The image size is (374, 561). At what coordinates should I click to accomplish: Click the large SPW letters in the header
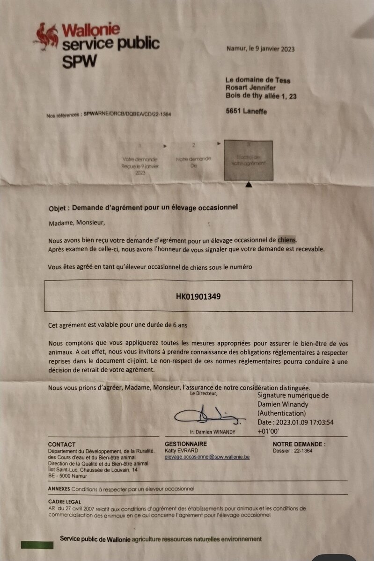pos(80,61)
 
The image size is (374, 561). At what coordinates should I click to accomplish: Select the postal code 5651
pos(234,112)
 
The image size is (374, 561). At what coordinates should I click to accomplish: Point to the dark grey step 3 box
pos(248,160)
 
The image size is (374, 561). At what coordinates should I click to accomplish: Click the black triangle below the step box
pos(249,186)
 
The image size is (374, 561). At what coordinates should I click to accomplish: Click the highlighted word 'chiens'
pos(287,240)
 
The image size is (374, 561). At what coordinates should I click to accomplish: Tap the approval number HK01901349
pos(198,296)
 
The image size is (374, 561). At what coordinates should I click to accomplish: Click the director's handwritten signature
pos(208,414)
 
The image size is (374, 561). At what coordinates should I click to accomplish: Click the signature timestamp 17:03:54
pos(316,422)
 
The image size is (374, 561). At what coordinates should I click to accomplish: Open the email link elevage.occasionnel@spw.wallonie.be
pos(207,457)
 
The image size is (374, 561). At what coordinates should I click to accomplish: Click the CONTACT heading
pos(62,444)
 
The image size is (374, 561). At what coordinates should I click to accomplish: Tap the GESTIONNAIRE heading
pos(186,444)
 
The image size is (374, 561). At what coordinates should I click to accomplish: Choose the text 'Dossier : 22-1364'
pos(292,451)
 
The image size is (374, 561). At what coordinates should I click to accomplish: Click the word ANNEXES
pos(59,489)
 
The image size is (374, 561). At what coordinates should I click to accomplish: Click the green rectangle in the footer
pos(37,545)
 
